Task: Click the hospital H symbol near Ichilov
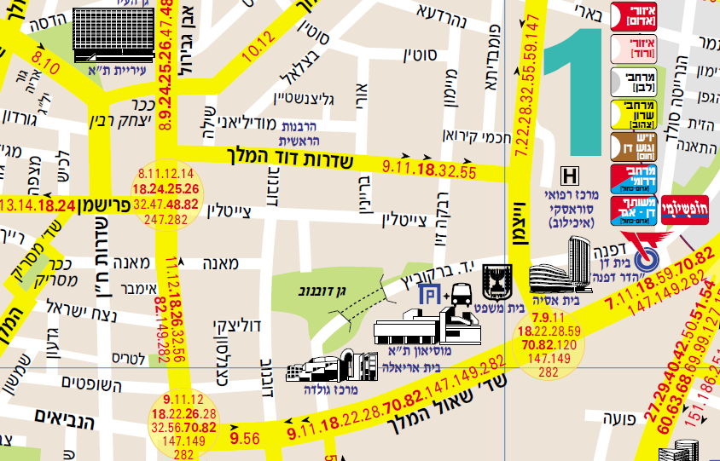click(x=569, y=177)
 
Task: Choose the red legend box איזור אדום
click(x=633, y=15)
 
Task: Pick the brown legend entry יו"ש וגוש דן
click(x=633, y=146)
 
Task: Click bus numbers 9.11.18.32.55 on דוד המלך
click(x=429, y=169)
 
